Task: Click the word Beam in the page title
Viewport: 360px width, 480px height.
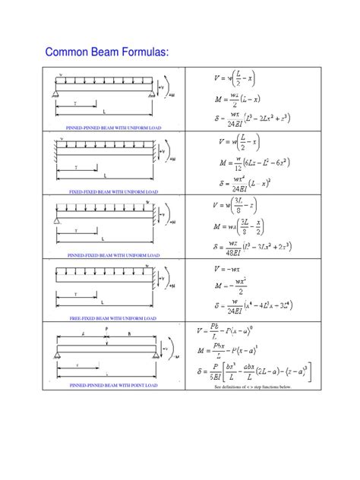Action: coord(99,52)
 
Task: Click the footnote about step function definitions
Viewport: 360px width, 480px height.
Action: coord(252,387)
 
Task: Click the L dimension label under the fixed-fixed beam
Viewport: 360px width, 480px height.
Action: coord(105,175)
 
